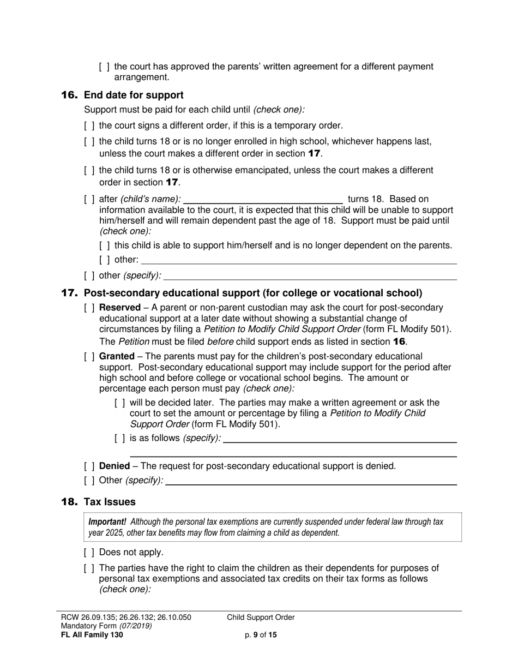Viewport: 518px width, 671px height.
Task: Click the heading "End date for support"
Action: click(134, 95)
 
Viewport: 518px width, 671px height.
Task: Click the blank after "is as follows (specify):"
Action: click(339, 439)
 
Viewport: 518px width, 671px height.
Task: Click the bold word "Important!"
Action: click(107, 522)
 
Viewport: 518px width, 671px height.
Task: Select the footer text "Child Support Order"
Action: click(261, 618)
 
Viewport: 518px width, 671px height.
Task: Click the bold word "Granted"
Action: click(117, 357)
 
